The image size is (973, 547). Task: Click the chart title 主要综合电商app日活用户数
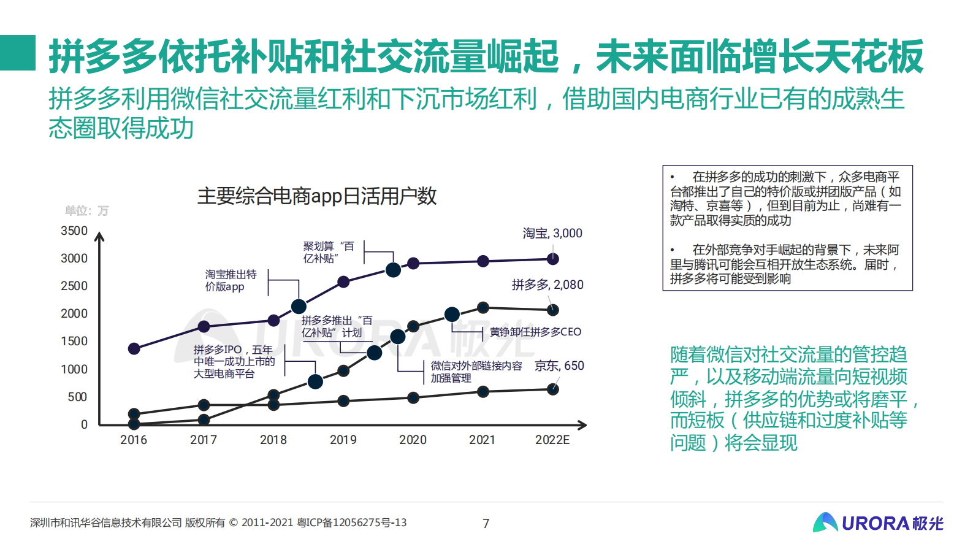click(x=316, y=196)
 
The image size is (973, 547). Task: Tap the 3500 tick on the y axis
click(x=74, y=231)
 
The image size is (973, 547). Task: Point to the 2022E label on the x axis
click(x=552, y=440)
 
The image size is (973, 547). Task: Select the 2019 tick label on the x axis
click(x=343, y=440)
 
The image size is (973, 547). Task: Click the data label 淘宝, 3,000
click(x=552, y=233)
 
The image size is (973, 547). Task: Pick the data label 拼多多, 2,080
click(x=548, y=285)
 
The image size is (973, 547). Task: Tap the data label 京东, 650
click(x=559, y=365)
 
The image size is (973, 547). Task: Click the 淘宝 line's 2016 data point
click(x=134, y=348)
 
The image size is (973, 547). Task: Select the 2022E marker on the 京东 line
click(x=552, y=389)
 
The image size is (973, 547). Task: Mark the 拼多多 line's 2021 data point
click(x=483, y=307)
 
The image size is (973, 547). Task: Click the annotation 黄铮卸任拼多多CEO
click(x=535, y=332)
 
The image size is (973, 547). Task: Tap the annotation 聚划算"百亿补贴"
click(x=329, y=252)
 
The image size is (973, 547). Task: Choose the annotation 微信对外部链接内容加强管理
click(x=476, y=372)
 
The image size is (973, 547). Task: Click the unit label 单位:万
click(x=86, y=210)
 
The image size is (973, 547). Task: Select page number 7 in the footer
click(x=486, y=523)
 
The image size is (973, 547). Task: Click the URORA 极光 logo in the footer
click(x=877, y=522)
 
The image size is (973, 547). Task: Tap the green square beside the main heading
click(x=18, y=53)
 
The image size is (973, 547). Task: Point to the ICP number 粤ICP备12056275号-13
click(x=351, y=522)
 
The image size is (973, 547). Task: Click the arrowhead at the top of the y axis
click(x=99, y=236)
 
